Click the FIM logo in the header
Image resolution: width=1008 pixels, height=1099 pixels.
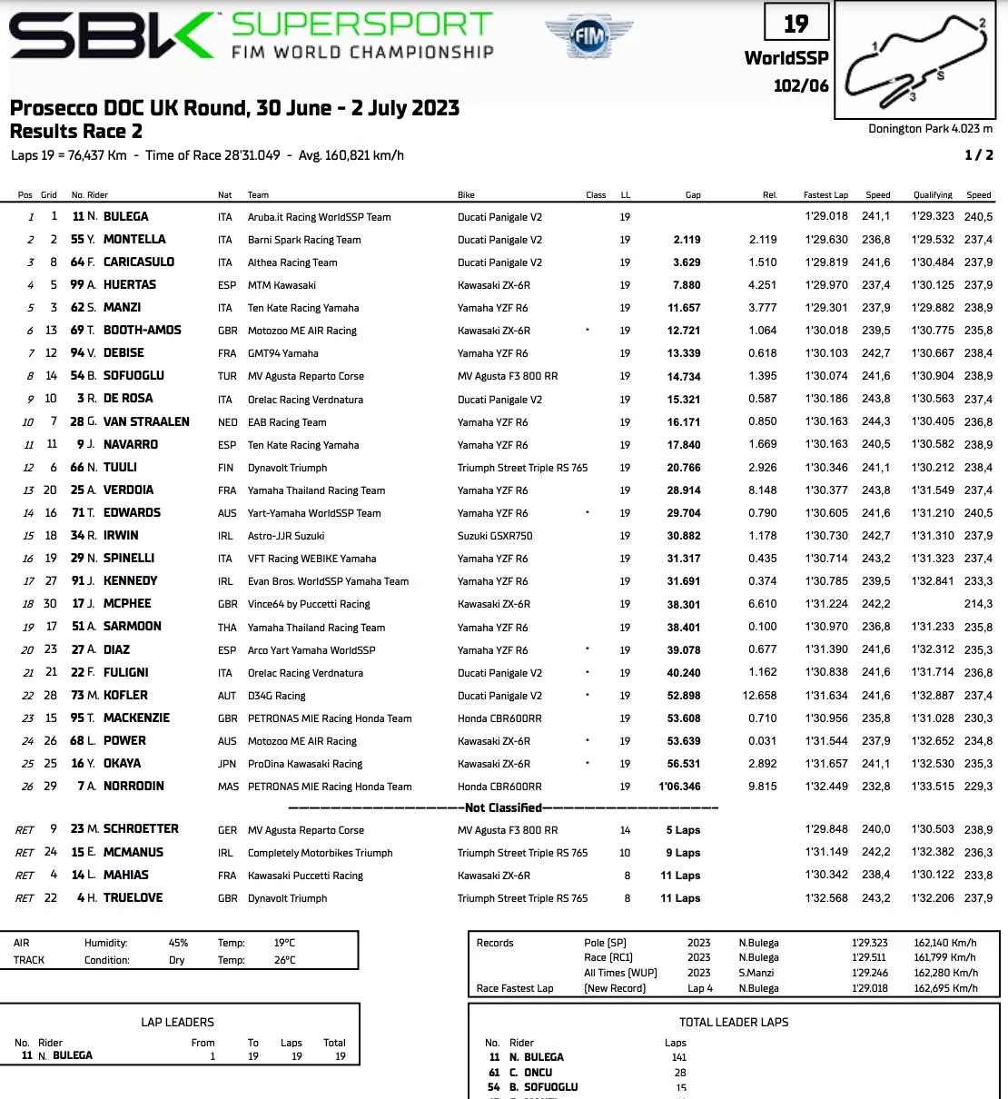(x=589, y=37)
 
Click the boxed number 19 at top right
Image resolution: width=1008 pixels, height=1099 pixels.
(x=796, y=24)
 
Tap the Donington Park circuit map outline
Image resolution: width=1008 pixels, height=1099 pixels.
(x=917, y=59)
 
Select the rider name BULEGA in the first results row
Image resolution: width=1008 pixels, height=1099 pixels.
(x=125, y=216)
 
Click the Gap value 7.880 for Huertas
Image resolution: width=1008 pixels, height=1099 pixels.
(x=686, y=285)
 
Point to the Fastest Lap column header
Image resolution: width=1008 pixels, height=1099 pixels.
(x=825, y=194)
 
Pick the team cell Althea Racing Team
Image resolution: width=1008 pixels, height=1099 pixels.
(x=292, y=262)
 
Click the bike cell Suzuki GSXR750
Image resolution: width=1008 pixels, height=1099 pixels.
(x=495, y=536)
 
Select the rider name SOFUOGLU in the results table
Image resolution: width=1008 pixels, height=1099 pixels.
(x=133, y=376)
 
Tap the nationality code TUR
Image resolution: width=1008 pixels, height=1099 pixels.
(x=227, y=376)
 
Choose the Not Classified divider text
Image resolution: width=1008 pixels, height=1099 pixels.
(x=503, y=807)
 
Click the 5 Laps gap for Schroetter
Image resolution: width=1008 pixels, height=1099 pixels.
(x=683, y=830)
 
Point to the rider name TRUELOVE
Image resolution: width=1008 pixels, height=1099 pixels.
(x=133, y=897)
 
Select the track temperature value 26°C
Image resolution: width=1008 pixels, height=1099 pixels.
(x=284, y=960)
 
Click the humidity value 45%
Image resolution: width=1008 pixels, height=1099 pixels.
(x=178, y=943)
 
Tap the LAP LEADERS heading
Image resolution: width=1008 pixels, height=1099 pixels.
(x=177, y=1022)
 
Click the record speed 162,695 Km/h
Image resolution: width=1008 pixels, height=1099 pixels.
(x=945, y=988)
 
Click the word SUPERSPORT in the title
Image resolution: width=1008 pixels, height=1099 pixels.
(x=362, y=24)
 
